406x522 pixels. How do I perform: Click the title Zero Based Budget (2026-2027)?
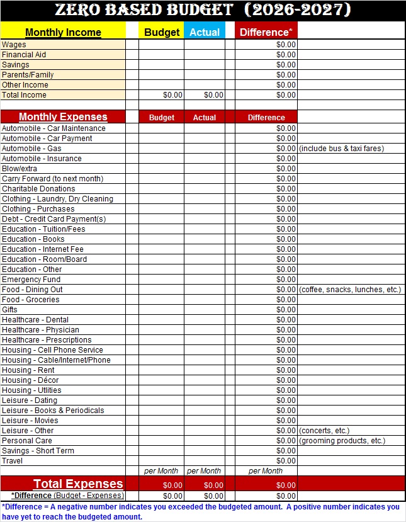(203, 11)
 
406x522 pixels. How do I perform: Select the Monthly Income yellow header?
(63, 32)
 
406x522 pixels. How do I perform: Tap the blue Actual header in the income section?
(205, 32)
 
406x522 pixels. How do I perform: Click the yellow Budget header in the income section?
(162, 32)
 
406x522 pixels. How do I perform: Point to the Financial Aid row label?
(24, 55)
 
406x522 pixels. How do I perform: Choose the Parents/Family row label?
(28, 75)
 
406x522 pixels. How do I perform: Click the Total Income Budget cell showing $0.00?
(172, 95)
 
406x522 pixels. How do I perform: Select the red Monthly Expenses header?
(63, 117)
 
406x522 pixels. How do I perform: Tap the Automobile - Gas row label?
(31, 149)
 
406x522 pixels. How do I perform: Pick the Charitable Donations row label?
(38, 189)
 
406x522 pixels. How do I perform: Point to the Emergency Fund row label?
(31, 280)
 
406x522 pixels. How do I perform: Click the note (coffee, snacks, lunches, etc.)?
(350, 290)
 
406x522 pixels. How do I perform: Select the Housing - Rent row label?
(28, 370)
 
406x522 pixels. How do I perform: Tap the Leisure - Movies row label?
(30, 421)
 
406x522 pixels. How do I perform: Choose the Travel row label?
(12, 461)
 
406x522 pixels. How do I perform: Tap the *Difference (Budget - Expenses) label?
(67, 496)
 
